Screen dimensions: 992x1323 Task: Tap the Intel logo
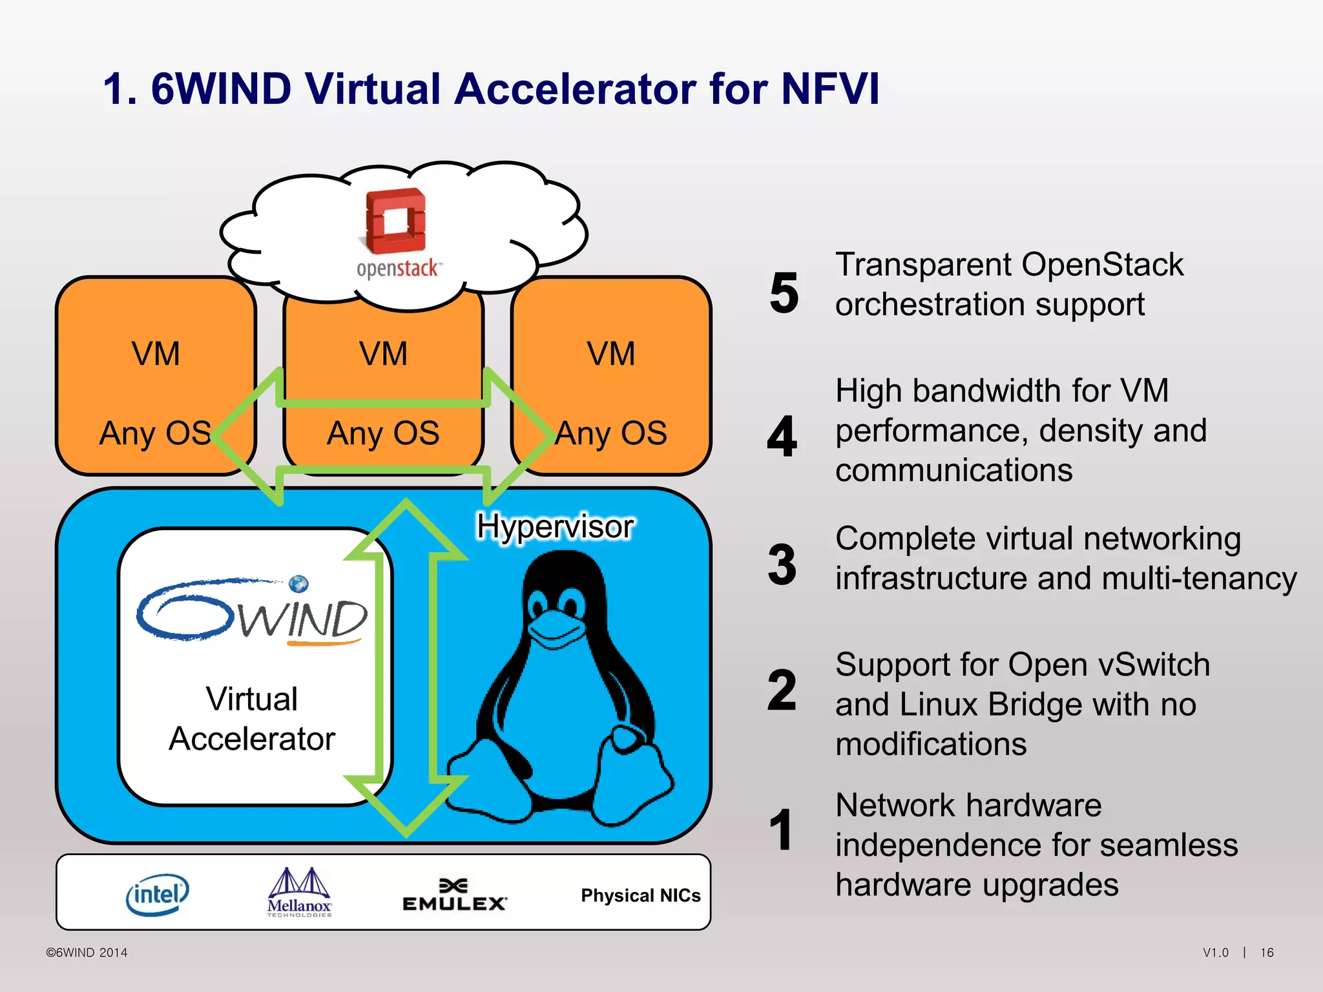click(157, 894)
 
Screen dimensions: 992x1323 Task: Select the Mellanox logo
click(299, 892)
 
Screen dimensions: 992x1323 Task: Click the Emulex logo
click(454, 896)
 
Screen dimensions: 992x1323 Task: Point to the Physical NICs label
click(640, 895)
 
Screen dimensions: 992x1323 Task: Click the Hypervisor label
click(555, 526)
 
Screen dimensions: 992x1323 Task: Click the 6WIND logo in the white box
click(252, 610)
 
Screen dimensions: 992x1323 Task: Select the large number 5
click(784, 293)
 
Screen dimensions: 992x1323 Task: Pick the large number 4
click(782, 437)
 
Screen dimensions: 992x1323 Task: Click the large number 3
click(782, 564)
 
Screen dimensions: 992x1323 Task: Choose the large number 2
click(782, 690)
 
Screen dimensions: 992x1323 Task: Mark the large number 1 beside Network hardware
click(782, 830)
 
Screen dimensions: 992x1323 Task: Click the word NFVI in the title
click(829, 88)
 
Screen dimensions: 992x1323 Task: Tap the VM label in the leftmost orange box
click(156, 354)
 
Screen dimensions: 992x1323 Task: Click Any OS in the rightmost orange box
click(611, 433)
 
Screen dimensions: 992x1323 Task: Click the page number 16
click(1267, 953)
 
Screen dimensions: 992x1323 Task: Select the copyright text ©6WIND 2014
click(87, 953)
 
